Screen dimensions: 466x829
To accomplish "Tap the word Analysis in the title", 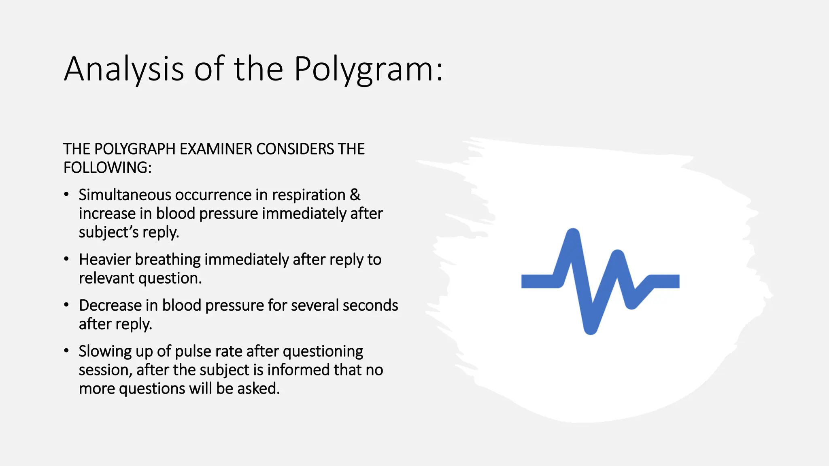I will [124, 70].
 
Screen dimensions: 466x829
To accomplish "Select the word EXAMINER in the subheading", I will [217, 149].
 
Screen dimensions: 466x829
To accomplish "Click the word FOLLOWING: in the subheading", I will [107, 167].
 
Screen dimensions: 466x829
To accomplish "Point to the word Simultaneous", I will [125, 195].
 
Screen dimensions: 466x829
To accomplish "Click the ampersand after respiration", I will [355, 195].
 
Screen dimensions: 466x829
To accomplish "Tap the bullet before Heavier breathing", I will [66, 259].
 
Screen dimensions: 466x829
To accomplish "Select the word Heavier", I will [105, 260].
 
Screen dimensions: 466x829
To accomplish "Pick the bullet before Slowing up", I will [66, 351].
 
